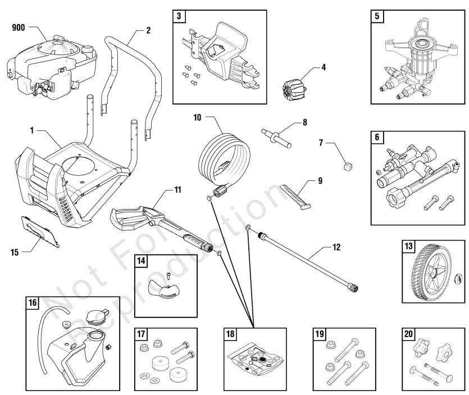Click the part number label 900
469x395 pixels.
(x=18, y=26)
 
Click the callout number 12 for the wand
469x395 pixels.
(x=336, y=247)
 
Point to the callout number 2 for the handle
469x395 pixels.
(x=148, y=30)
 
